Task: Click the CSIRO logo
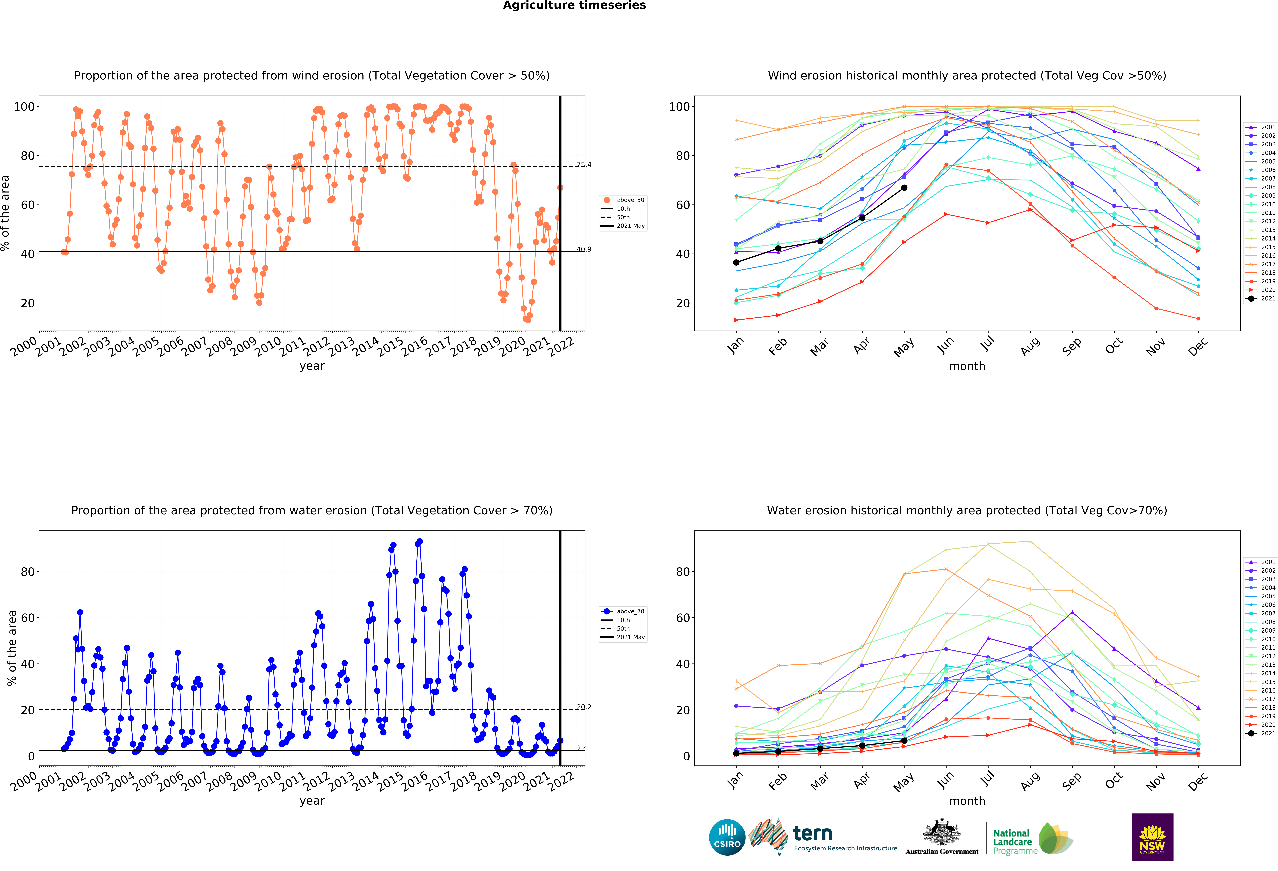point(727,837)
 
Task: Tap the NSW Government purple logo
point(1152,837)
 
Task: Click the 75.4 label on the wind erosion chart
point(583,164)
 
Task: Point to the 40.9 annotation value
point(583,249)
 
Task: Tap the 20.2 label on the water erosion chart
point(583,707)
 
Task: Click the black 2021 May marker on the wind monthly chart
point(904,187)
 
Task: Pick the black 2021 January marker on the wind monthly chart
point(736,262)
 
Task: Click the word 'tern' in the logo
point(813,834)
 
